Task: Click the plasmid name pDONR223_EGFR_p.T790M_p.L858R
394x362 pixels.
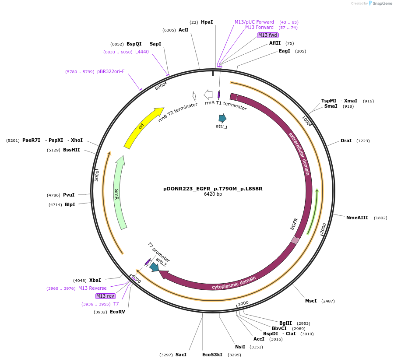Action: pos(213,189)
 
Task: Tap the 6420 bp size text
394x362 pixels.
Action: pos(213,194)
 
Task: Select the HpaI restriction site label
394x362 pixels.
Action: pos(207,22)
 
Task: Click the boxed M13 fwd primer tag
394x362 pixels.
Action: pos(267,35)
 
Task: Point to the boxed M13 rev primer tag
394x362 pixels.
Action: pos(106,296)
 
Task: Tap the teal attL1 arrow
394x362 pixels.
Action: pos(222,118)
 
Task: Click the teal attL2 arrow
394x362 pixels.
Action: pos(154,267)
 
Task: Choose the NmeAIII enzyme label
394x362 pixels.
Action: pos(357,218)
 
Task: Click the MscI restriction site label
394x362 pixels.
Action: pos(311,301)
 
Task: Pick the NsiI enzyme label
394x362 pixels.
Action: pos(240,347)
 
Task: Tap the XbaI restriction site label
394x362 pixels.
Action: pos(95,280)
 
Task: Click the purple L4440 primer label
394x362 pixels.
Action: pos(142,52)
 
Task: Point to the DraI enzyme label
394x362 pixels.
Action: pos(346,141)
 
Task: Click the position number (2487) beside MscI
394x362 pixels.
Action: pos(328,301)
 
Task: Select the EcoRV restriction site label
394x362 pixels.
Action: pos(117,312)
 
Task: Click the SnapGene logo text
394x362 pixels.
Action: pos(382,4)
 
